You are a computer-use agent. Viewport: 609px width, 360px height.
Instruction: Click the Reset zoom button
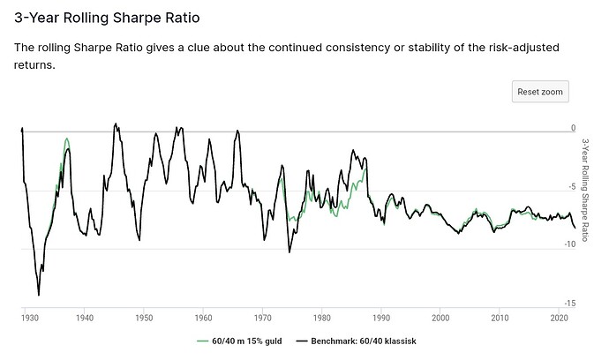[x=540, y=92]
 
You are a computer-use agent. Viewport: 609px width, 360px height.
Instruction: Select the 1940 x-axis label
[x=85, y=317]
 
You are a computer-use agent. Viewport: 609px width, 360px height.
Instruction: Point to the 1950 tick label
[x=144, y=317]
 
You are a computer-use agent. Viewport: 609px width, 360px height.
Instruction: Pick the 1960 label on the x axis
[x=203, y=317]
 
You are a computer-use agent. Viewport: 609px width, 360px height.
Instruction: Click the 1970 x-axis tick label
[x=262, y=317]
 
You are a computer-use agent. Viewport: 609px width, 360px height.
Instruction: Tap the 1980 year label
[x=321, y=317]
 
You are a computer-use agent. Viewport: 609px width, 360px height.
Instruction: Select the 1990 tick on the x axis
[x=381, y=317]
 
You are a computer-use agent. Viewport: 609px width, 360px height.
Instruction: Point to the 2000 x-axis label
[x=440, y=317]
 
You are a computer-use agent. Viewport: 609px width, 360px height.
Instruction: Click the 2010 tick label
[x=500, y=317]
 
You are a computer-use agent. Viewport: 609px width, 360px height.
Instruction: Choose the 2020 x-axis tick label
[x=559, y=317]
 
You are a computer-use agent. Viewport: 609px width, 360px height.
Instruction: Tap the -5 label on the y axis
[x=572, y=187]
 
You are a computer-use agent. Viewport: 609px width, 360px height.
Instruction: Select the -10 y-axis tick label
[x=570, y=246]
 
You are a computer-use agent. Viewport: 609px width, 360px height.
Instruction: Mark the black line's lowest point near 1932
[x=38, y=295]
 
